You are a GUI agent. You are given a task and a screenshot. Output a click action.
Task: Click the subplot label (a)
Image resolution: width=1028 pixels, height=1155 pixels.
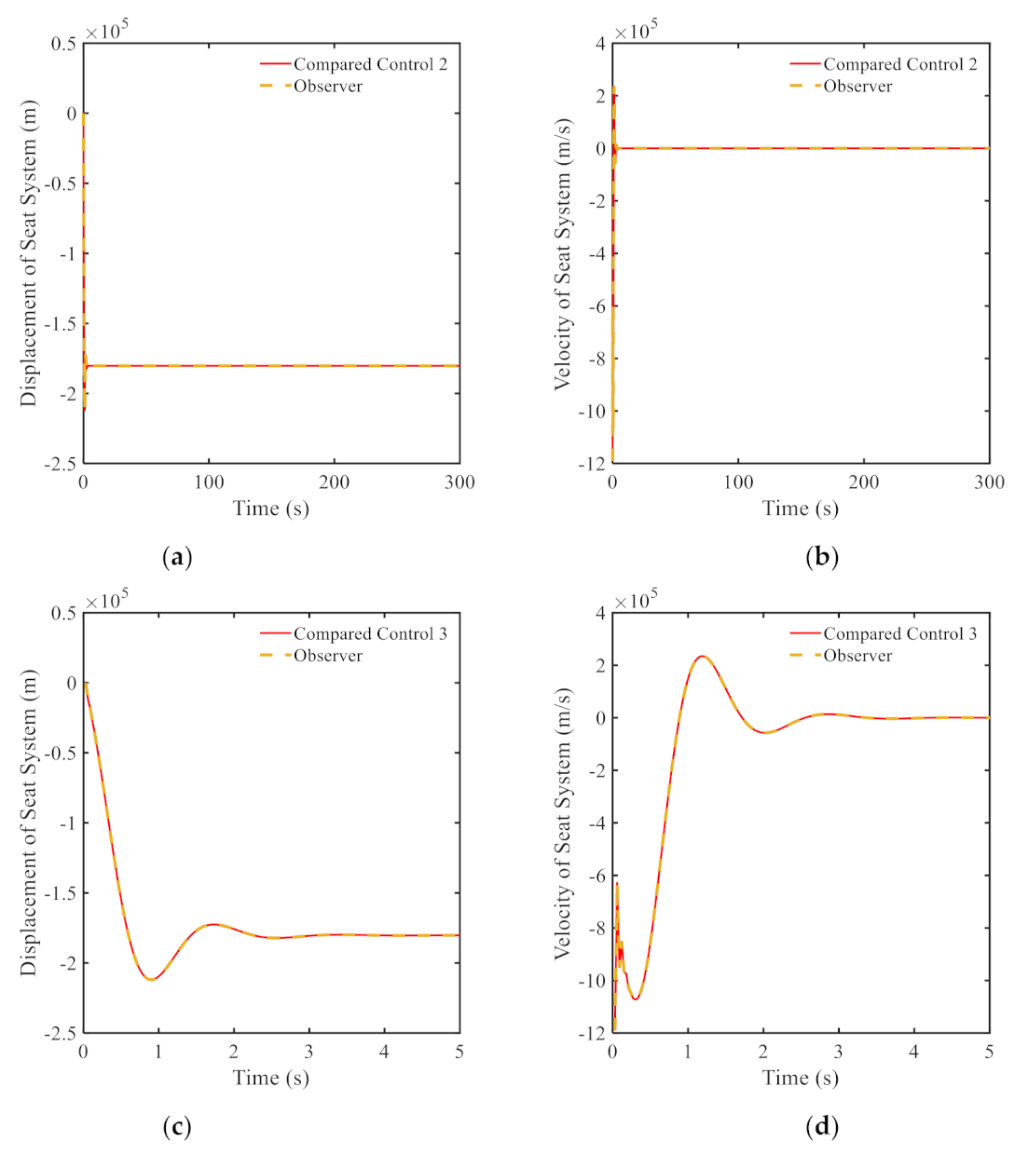point(176,557)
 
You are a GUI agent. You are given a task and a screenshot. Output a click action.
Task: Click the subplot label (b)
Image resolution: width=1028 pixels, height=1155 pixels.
point(821,557)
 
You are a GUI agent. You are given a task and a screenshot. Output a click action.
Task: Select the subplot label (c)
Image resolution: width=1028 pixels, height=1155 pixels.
point(176,1127)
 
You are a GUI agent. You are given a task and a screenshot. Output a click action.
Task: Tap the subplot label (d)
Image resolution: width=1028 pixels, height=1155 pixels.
point(821,1127)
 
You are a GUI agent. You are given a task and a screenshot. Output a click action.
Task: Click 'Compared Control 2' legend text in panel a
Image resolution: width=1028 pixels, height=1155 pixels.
point(370,64)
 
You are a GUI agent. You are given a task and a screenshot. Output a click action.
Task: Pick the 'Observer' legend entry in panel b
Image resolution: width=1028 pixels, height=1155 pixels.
point(857,87)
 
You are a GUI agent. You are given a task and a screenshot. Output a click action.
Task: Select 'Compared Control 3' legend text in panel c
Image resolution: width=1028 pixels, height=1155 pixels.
point(370,634)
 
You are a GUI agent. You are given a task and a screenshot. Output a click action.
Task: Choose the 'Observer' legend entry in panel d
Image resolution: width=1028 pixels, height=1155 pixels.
point(857,656)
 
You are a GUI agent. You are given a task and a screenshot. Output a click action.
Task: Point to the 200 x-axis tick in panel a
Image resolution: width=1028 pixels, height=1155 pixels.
point(334,482)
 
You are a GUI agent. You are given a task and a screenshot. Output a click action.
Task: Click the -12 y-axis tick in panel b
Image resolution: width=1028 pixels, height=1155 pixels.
point(594,464)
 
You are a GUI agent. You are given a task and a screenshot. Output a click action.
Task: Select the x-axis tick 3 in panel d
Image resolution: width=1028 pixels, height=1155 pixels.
point(838,1052)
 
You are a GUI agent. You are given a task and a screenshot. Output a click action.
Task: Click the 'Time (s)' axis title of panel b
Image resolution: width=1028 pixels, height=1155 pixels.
point(800,509)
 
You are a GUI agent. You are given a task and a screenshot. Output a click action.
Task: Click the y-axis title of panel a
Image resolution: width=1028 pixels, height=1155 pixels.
point(29,253)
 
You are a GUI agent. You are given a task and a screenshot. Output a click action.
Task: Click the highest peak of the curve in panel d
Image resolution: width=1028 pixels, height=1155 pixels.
point(702,656)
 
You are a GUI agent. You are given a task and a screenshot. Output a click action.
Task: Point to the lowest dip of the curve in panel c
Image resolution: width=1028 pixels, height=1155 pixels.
point(150,980)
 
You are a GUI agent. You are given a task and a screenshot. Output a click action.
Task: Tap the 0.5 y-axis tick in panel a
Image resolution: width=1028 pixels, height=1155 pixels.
point(63,44)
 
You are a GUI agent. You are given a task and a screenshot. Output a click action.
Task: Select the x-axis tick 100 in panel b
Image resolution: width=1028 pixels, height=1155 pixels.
point(738,482)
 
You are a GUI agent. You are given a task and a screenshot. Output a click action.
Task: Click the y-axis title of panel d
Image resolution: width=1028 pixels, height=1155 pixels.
point(562,823)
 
